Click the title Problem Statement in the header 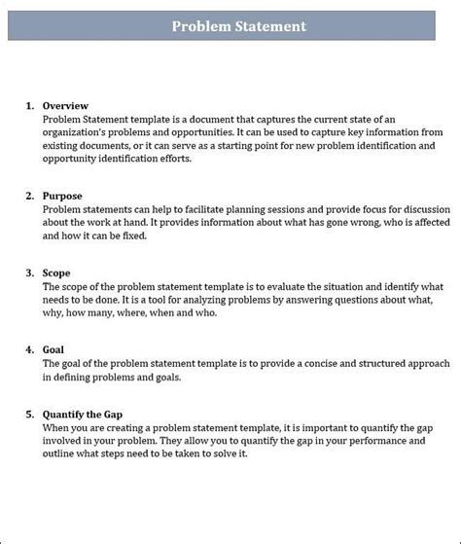(x=238, y=26)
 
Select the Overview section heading (x=66, y=105)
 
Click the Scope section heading (x=57, y=273)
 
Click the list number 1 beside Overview (x=30, y=105)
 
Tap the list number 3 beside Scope (x=30, y=273)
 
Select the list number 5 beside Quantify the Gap (x=30, y=414)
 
